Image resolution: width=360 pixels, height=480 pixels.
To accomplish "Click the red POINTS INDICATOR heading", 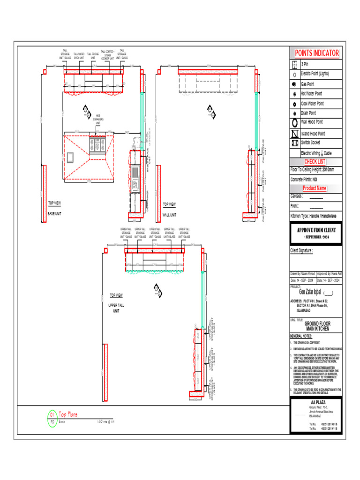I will coord(316,52).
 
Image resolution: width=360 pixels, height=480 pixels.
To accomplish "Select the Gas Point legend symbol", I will coord(294,84).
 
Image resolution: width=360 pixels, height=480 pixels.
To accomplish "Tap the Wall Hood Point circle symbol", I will coord(294,123).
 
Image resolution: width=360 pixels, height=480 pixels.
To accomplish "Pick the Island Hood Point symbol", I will coord(294,134).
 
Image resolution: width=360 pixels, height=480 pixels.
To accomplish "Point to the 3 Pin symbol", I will coord(294,64).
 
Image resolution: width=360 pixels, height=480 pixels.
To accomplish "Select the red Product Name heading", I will coord(314,188).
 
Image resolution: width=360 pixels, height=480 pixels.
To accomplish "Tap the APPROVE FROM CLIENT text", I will coord(316,230).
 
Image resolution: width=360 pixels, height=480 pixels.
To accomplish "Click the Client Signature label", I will coord(301,251).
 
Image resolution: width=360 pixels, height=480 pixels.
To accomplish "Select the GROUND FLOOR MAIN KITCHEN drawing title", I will coord(317,326).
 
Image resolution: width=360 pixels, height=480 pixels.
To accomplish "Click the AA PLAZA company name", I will coord(317,403).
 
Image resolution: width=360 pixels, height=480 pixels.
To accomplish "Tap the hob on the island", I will coord(97,145).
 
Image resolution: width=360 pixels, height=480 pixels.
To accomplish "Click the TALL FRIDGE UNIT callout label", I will coord(93,56).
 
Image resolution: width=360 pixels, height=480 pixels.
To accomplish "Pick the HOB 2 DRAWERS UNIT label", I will coord(98,120).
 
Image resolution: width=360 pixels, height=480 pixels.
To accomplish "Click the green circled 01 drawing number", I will coord(52,414).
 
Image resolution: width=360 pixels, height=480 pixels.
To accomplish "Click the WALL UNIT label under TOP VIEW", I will coord(169,215).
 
